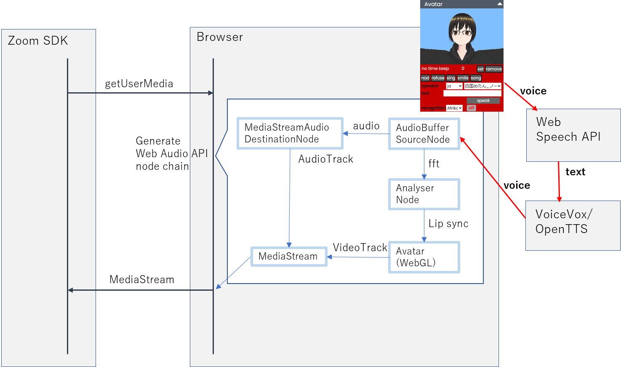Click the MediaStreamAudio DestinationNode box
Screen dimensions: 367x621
click(x=290, y=133)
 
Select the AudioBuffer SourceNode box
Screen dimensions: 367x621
click(x=424, y=134)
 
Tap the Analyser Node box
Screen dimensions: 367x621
click(x=424, y=194)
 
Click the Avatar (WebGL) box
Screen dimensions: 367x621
click(x=424, y=257)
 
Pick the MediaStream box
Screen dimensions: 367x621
click(x=289, y=256)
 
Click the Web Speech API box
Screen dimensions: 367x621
click(x=573, y=135)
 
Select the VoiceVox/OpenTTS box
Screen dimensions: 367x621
click(x=573, y=225)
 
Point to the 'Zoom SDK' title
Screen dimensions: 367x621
click(x=38, y=41)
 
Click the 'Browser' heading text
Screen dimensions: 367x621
click(x=220, y=37)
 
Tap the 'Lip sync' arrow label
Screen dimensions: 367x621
click(x=448, y=224)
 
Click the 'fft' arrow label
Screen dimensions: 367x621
click(x=434, y=163)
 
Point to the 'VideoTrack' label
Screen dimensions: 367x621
click(x=360, y=247)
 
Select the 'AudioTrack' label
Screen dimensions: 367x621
click(x=325, y=159)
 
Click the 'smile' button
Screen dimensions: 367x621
click(x=463, y=78)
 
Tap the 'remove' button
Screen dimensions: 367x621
click(x=493, y=69)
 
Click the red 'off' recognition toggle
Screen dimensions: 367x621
click(x=471, y=108)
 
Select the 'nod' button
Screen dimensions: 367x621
click(x=425, y=78)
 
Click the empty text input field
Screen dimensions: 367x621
click(x=472, y=93)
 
